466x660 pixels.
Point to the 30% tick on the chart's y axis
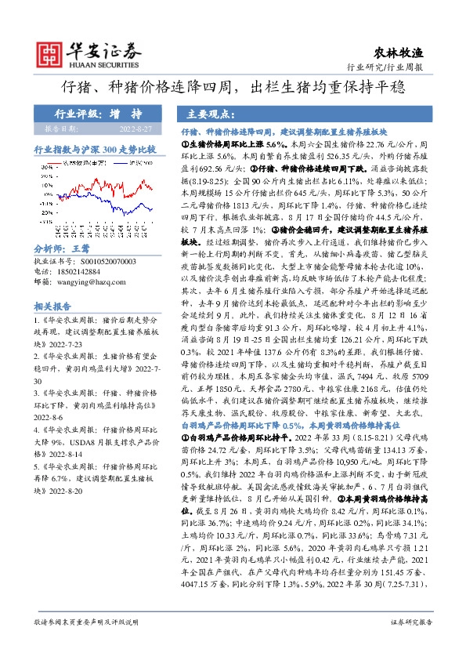pyautogui.click(x=52, y=167)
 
